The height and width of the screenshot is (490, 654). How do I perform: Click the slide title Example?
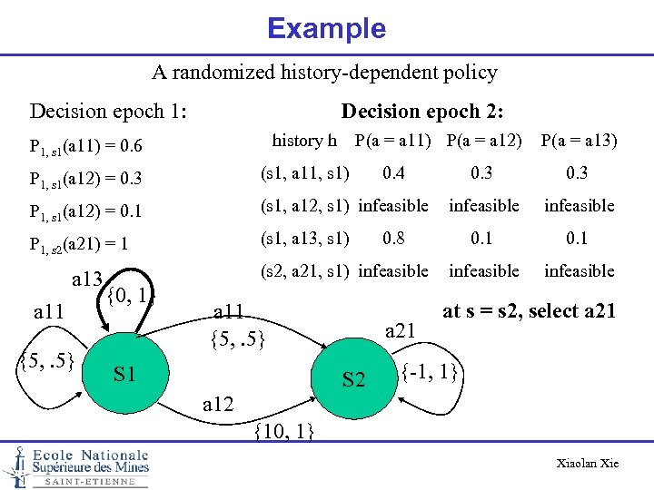pyautogui.click(x=326, y=28)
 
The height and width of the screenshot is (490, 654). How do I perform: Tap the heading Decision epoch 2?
pyautogui.click(x=422, y=112)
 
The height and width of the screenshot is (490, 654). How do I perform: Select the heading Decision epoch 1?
pyautogui.click(x=109, y=112)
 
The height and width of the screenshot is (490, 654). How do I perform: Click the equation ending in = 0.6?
pyautogui.click(x=84, y=145)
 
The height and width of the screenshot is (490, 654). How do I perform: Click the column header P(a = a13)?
pyautogui.click(x=579, y=140)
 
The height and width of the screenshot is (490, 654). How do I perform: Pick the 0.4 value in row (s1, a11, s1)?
pyautogui.click(x=394, y=172)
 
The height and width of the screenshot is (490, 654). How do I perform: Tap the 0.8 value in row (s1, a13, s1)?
pyautogui.click(x=394, y=239)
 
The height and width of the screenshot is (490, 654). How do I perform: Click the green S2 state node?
pyautogui.click(x=353, y=379)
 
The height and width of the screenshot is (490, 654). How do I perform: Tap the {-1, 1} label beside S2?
pyautogui.click(x=433, y=372)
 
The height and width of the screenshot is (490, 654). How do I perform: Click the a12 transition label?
pyautogui.click(x=217, y=405)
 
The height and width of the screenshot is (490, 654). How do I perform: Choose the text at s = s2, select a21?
pyautogui.click(x=530, y=311)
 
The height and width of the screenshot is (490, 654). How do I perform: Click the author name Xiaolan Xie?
pyautogui.click(x=587, y=464)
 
